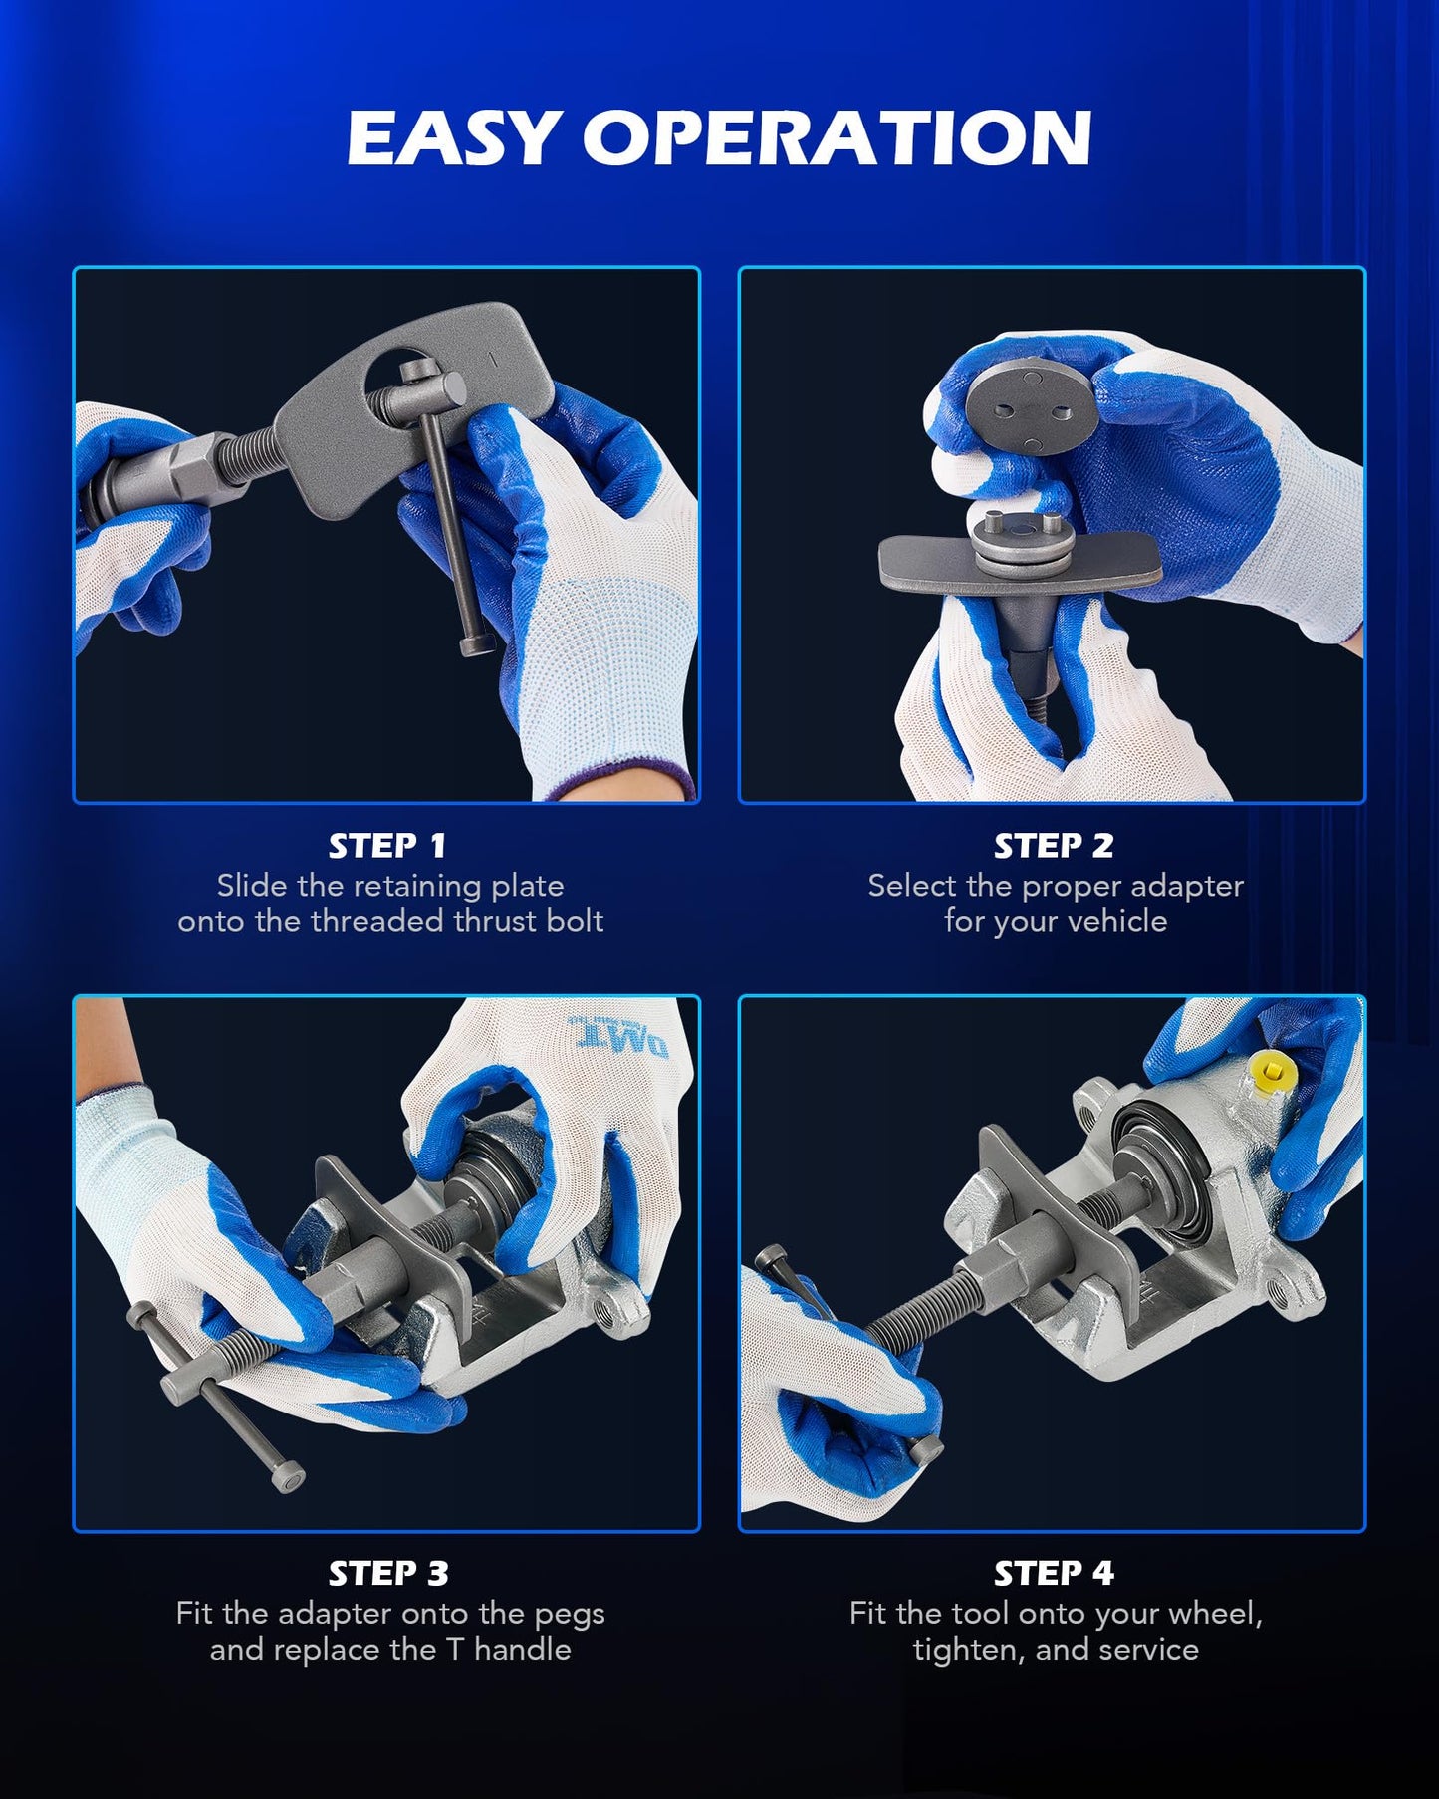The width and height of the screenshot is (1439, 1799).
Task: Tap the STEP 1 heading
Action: click(387, 846)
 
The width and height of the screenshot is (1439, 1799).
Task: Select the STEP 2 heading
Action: click(1054, 846)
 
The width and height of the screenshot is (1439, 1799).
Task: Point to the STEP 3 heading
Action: click(388, 1573)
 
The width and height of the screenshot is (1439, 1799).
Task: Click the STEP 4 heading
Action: click(1054, 1573)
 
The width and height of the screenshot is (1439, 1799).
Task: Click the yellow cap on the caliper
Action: click(1274, 1074)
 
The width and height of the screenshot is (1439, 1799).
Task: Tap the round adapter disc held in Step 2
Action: click(1032, 403)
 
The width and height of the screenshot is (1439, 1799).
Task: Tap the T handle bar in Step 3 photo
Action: click(214, 1395)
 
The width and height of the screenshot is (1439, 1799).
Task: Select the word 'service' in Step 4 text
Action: click(1147, 1649)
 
